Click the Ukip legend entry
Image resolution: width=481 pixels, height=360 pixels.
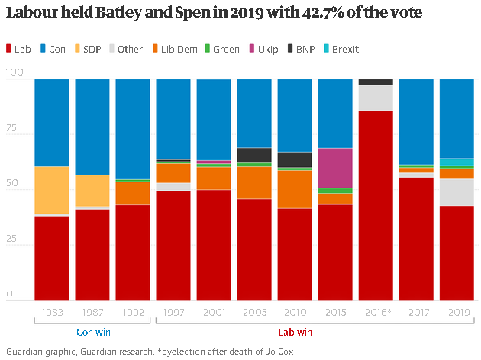click(x=263, y=49)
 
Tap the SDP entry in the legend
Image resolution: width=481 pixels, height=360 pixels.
click(x=88, y=49)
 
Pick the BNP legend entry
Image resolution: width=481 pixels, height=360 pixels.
click(x=302, y=49)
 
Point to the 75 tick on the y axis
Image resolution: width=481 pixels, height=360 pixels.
click(x=11, y=128)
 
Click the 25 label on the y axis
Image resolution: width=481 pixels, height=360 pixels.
click(x=11, y=239)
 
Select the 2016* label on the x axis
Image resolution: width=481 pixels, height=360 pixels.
click(x=378, y=312)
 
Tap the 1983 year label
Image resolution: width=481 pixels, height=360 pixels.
click(x=52, y=312)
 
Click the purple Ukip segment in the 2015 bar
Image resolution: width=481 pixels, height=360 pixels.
click(x=335, y=169)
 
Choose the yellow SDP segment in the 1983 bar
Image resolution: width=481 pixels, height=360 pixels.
click(x=52, y=190)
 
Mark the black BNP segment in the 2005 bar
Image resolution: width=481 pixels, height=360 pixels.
click(x=254, y=156)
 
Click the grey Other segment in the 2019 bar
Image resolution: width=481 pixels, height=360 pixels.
click(x=457, y=192)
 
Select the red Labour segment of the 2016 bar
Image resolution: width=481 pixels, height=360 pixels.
click(x=376, y=205)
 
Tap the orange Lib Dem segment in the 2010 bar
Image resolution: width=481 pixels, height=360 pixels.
click(x=295, y=189)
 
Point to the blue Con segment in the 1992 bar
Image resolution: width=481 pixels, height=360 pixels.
click(x=133, y=130)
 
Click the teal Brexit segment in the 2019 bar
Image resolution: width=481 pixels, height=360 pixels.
click(x=457, y=162)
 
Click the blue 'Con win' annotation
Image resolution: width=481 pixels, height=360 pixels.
click(x=93, y=332)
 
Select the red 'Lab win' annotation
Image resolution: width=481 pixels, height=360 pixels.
click(x=295, y=332)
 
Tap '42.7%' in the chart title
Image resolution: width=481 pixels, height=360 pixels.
click(x=323, y=13)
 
